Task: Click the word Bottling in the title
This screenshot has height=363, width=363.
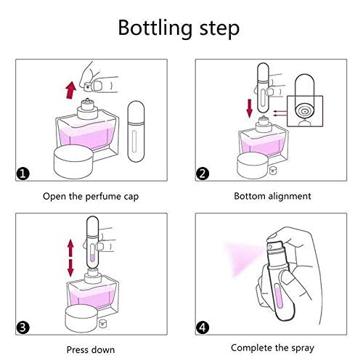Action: [155, 28]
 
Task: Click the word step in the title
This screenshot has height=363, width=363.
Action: [219, 29]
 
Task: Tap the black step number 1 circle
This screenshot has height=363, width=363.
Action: [23, 174]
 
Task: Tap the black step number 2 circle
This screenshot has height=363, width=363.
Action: [203, 174]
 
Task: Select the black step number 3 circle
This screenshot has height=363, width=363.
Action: [23, 327]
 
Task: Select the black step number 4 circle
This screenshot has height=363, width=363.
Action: [203, 327]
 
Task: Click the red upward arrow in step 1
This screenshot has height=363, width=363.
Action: [71, 90]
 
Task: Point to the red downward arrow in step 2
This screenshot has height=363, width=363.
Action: [249, 109]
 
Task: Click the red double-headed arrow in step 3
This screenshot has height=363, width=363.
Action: [70, 258]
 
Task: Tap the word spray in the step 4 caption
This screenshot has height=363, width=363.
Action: [303, 348]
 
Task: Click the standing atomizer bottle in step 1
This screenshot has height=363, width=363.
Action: [136, 131]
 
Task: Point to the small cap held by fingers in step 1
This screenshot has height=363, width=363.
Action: [88, 86]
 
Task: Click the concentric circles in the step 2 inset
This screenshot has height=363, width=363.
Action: [305, 111]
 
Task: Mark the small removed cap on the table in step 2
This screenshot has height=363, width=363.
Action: [273, 170]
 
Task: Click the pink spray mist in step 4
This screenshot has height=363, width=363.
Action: [242, 259]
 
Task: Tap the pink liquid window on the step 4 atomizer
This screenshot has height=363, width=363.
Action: [279, 295]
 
